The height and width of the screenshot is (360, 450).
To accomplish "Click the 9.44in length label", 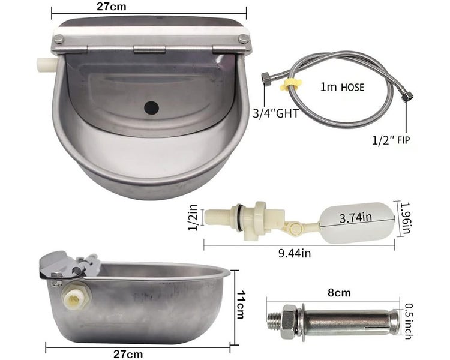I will click(295, 253).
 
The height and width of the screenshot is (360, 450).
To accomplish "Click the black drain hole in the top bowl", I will click(152, 108).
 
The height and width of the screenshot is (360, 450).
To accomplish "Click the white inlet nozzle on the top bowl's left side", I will click(44, 62).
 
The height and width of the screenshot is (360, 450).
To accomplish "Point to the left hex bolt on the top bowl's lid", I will click(59, 39).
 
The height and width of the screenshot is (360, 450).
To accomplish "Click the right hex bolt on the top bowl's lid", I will click(242, 38).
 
